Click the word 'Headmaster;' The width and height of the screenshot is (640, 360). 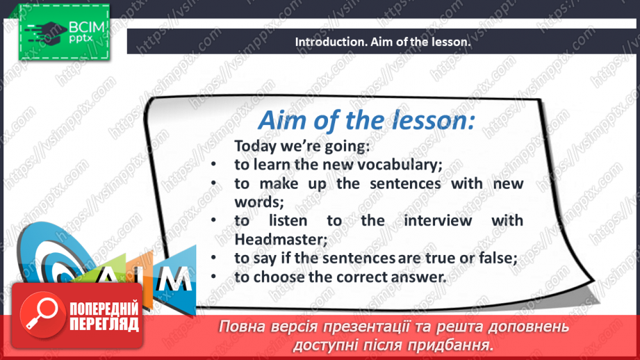click(x=281, y=240)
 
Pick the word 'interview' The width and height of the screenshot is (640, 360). click(x=438, y=221)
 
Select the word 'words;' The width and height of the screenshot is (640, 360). click(x=259, y=202)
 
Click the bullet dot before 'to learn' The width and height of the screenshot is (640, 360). click(x=213, y=165)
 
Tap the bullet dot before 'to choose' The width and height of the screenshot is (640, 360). click(x=213, y=277)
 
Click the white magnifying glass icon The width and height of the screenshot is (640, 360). click(x=42, y=313)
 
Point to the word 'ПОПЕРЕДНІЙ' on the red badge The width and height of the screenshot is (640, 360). click(x=104, y=309)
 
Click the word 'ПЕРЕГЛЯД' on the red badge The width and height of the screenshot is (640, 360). click(x=104, y=324)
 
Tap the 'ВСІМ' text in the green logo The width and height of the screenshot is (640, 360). click(x=87, y=27)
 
